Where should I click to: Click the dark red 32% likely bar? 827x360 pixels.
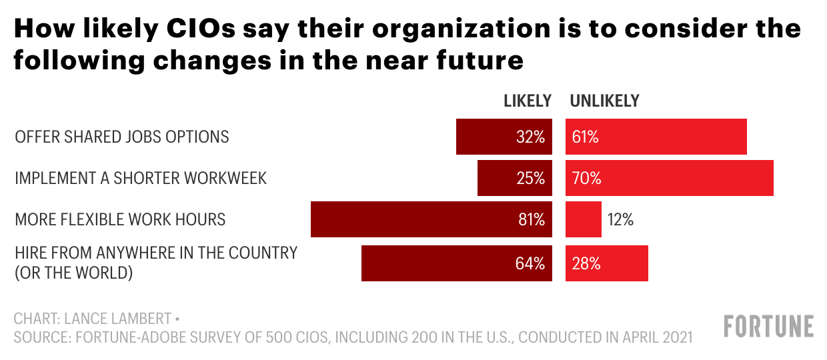[504, 137]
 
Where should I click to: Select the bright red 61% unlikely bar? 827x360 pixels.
[656, 137]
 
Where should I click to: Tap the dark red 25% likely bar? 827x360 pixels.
[515, 178]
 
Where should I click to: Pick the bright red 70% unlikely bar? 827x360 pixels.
[670, 178]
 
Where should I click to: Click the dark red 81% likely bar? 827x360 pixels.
[432, 219]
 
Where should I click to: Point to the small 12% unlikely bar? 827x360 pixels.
[584, 219]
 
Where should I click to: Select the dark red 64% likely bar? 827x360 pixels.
[457, 263]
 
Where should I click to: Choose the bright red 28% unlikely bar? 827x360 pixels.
[607, 263]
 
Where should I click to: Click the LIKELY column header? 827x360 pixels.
[528, 101]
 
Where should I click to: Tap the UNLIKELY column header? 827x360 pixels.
[604, 101]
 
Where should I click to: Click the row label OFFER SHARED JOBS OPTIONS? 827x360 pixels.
[122, 137]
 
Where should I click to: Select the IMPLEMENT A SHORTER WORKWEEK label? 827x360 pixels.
[141, 179]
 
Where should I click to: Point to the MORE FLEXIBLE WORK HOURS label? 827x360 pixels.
[120, 219]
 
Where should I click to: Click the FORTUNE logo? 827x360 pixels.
[768, 327]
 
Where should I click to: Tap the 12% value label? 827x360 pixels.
[620, 219]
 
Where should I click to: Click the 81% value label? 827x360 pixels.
[532, 219]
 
